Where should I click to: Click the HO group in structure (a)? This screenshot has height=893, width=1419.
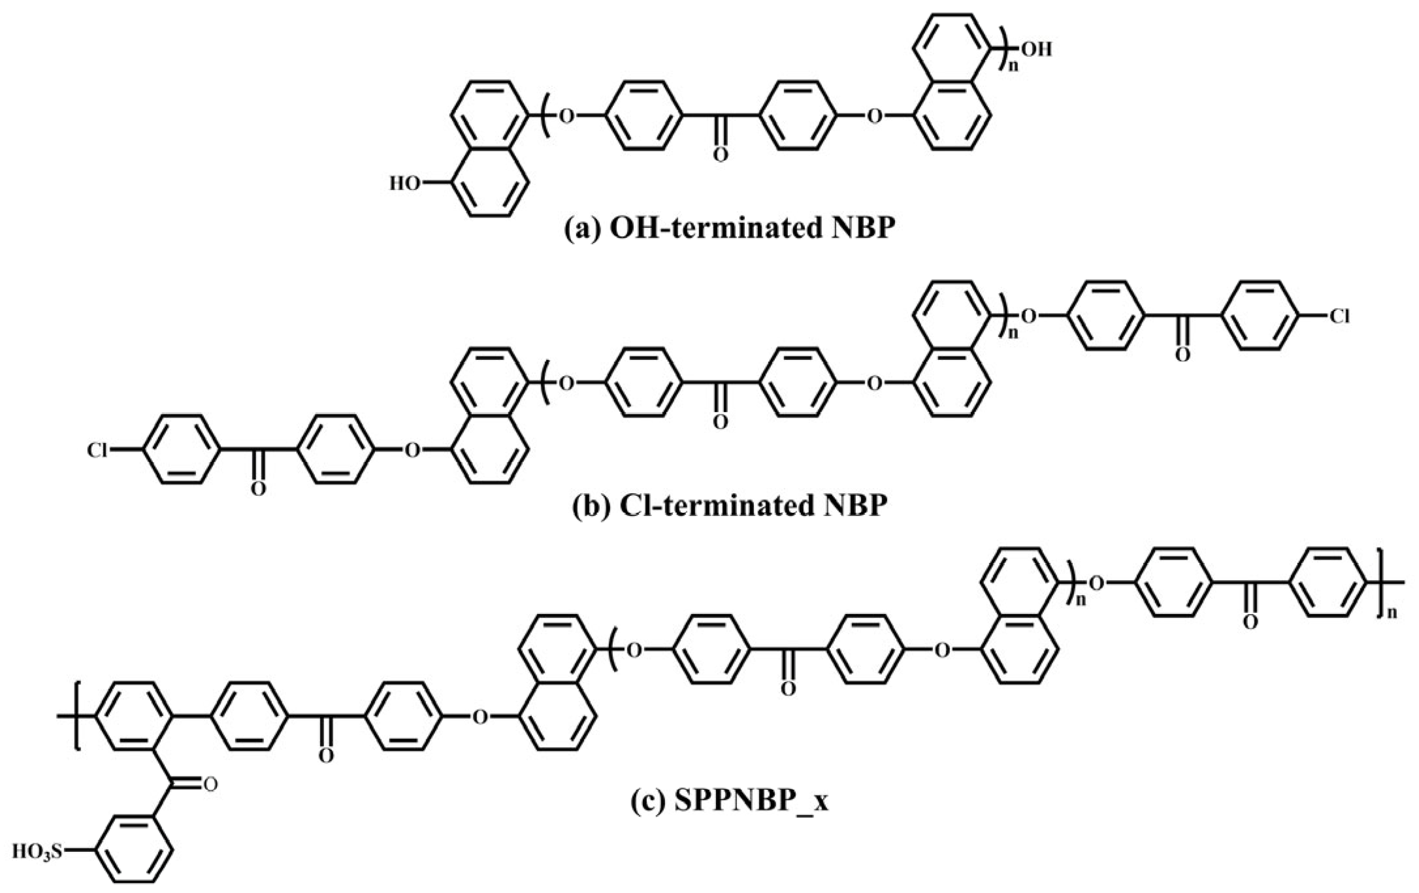pos(405,184)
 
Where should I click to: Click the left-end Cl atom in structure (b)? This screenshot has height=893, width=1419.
pos(97,450)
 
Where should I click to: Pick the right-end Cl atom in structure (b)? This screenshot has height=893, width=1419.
pos(1339,317)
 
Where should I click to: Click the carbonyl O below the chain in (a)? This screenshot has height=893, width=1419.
pos(720,155)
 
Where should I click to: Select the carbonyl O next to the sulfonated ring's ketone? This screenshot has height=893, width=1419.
pos(209,783)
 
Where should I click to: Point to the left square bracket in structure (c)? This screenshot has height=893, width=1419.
pos(77,717)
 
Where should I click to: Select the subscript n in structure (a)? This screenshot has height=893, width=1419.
pos(1014,67)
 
